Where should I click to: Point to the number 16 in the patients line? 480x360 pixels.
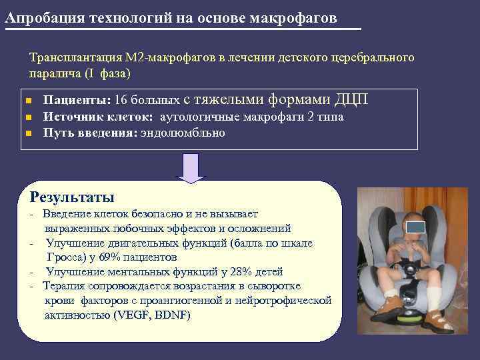121,101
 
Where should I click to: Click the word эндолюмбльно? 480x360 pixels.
182,133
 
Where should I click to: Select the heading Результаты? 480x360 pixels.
73,197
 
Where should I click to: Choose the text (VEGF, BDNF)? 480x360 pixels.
152,315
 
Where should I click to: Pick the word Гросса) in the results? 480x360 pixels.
65,257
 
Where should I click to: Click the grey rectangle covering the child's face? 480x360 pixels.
415,227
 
